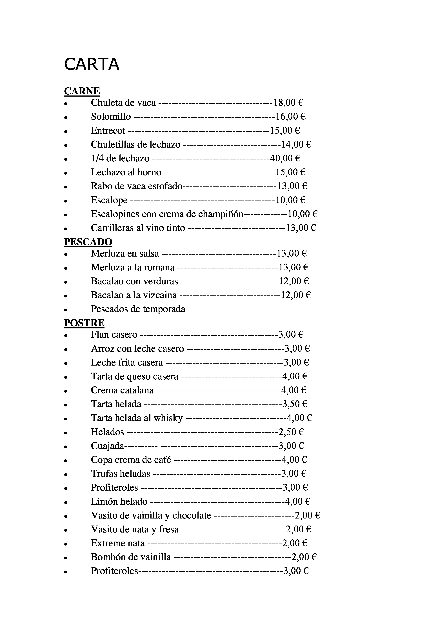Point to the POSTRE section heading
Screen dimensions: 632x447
click(84, 323)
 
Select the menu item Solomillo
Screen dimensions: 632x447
click(111, 117)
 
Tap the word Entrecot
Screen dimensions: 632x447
click(108, 130)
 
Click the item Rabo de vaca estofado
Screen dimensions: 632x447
click(137, 186)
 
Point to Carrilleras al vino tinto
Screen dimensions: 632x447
click(138, 228)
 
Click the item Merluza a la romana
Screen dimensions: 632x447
click(133, 267)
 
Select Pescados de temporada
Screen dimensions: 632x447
click(138, 309)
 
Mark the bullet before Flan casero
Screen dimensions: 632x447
click(66, 335)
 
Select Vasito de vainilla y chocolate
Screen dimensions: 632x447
click(151, 515)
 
